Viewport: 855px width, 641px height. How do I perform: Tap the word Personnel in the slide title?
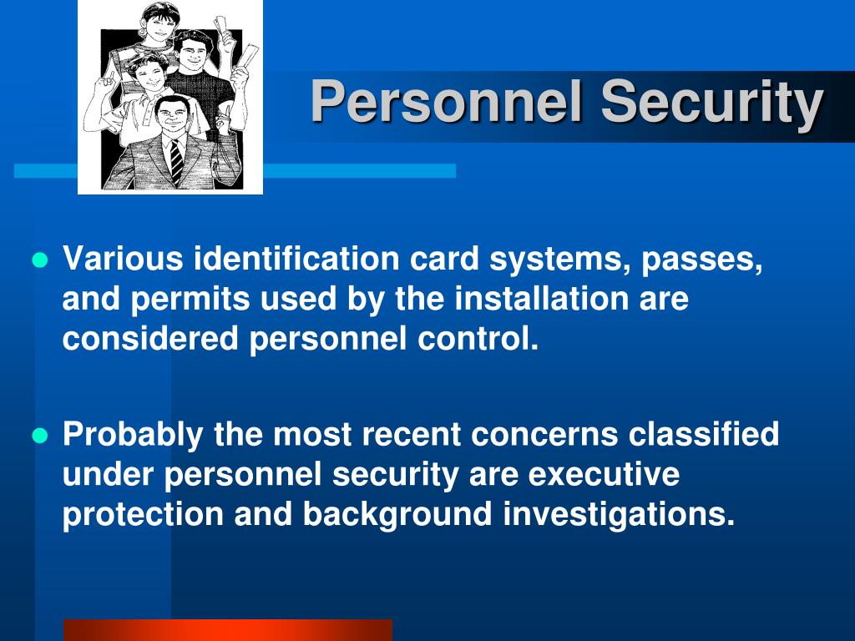coord(447,101)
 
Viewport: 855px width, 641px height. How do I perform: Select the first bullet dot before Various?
coord(40,260)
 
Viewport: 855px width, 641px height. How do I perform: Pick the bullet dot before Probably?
coord(40,436)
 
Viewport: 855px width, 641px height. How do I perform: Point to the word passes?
coord(701,260)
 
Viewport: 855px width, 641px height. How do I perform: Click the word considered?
coord(150,339)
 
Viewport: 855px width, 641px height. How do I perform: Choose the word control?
coord(478,339)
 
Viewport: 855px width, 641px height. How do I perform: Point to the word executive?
coord(604,474)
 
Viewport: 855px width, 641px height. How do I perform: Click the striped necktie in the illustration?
coord(175,163)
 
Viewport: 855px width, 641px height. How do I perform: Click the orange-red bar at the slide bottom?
coord(228,630)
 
